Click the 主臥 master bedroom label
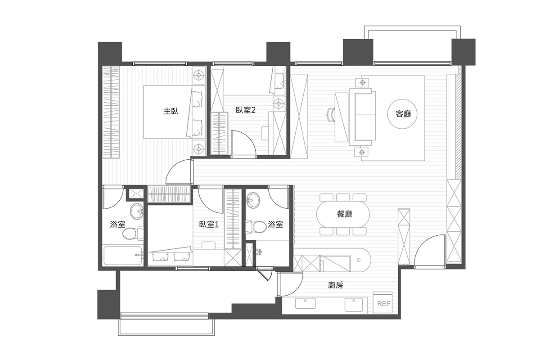coord(171,112)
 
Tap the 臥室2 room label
coord(246,110)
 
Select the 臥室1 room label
coord(209,225)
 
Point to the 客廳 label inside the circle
coord(403,113)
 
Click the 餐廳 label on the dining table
coord(345,214)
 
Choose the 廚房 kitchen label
coord(335,285)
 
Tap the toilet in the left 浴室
coord(133,233)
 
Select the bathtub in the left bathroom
coord(123,256)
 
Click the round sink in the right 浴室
coord(253,200)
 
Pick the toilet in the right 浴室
coord(256,227)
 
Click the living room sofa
coord(363,117)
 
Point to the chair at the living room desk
coord(331,115)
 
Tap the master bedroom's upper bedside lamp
coord(198,75)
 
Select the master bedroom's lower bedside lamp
coord(198,148)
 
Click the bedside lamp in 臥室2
coord(279,103)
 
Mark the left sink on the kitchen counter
coord(306,303)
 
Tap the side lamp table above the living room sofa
coord(362,83)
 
